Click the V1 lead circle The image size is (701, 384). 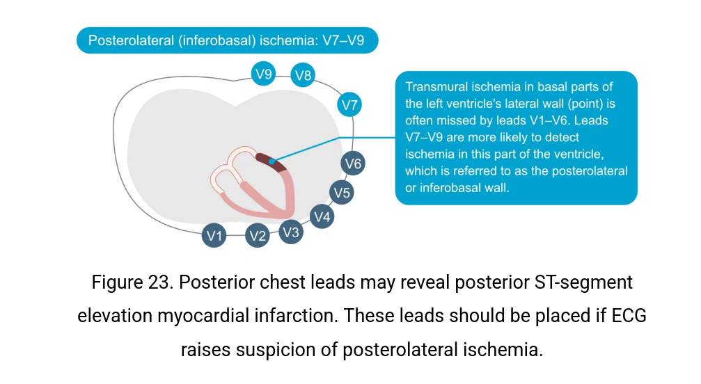pos(214,236)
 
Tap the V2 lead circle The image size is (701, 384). pos(258,236)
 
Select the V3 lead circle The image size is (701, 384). pos(291,232)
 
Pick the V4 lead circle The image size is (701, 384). pos(321,217)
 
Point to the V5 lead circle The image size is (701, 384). pos(341,192)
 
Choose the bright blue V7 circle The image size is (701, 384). pos(349,106)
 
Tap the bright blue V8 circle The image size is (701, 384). pos(303,75)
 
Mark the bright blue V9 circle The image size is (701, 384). pos(263,73)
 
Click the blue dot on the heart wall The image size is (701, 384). pos(271,161)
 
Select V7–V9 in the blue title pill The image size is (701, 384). pos(342,40)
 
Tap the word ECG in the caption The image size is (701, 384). pos(629,315)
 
